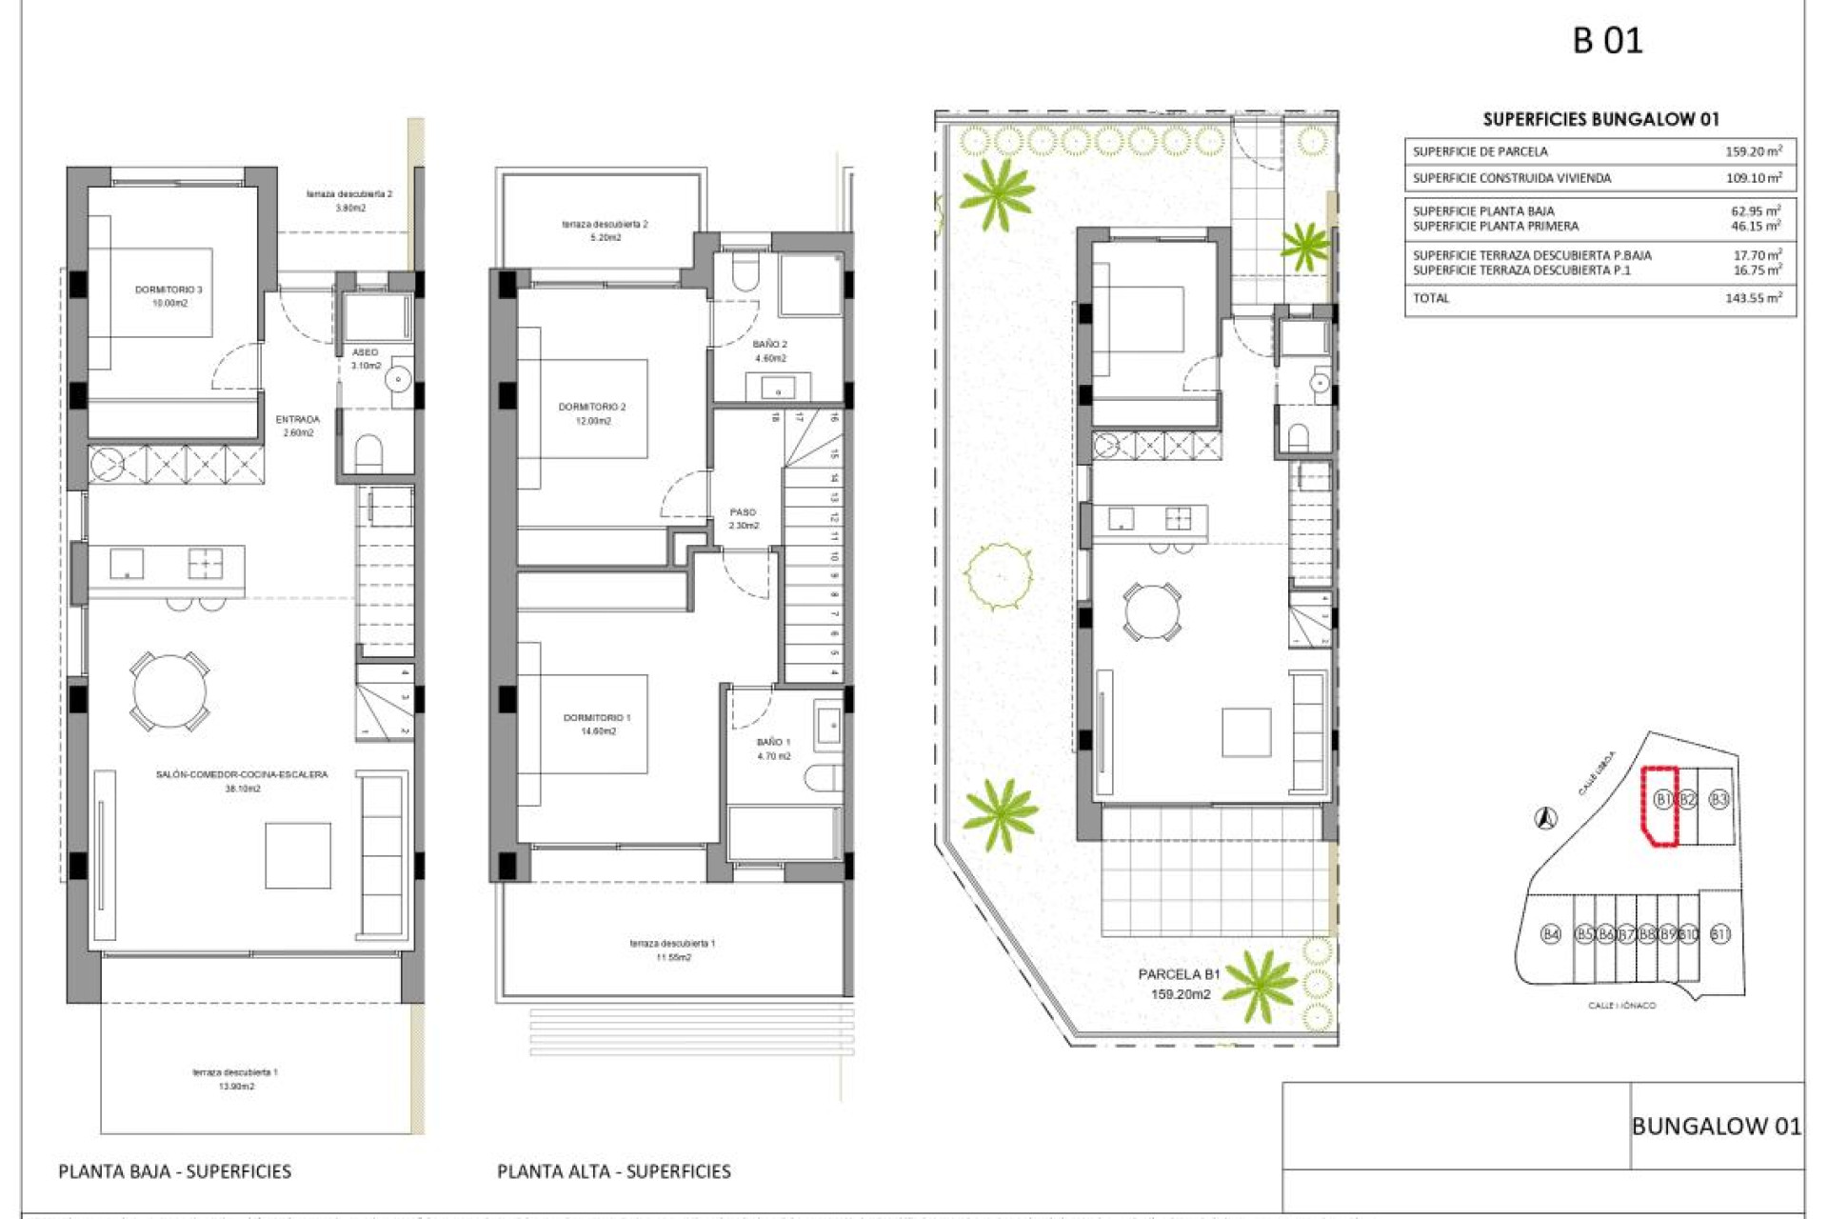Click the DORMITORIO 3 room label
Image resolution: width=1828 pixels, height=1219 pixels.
[169, 290]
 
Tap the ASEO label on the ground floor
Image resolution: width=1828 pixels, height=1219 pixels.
[365, 352]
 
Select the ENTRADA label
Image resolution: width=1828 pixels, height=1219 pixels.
[298, 419]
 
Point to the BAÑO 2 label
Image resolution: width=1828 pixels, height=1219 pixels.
[770, 345]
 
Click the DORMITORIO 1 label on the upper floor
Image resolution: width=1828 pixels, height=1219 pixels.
[597, 718]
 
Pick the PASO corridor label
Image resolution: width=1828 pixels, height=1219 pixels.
[743, 512]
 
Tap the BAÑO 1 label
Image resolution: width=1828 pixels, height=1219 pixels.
[773, 742]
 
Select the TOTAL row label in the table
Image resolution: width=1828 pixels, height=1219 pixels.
[1431, 298]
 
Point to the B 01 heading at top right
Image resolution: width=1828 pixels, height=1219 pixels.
[1608, 41]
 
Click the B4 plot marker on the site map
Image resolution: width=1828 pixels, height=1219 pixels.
[1551, 934]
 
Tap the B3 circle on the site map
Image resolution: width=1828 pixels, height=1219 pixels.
[1719, 799]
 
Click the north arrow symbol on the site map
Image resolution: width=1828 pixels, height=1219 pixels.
[1546, 817]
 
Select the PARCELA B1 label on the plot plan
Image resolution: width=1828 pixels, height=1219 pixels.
[1179, 974]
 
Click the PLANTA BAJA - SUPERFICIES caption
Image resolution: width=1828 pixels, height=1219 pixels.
[175, 1171]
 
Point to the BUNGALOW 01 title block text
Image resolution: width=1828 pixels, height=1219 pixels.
[1717, 1127]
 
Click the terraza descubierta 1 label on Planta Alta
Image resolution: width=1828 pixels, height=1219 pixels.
[672, 944]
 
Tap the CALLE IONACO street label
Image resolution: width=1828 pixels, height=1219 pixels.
[1622, 1006]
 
